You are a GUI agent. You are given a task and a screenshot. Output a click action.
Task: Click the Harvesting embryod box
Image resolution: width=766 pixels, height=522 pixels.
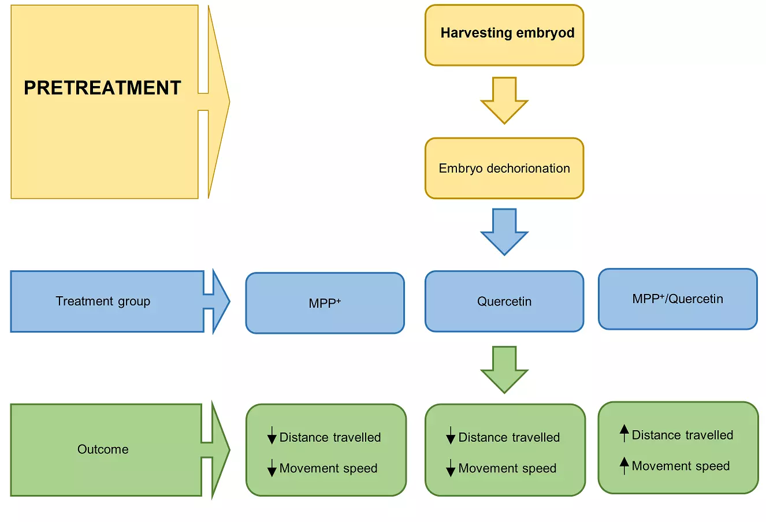pos(504,35)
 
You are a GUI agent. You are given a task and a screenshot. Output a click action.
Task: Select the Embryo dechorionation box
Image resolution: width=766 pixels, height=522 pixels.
pos(504,168)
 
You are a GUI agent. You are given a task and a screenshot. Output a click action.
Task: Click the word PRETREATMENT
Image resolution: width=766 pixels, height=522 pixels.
pos(102,88)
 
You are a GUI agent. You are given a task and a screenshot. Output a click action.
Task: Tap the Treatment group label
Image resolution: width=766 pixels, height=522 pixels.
pos(103,301)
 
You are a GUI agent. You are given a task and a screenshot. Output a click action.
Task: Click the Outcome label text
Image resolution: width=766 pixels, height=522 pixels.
pos(103,449)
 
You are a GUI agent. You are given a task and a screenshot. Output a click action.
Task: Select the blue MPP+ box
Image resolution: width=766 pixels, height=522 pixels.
pos(325,303)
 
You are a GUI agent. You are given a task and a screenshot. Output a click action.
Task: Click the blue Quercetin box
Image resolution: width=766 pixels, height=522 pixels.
pos(504,301)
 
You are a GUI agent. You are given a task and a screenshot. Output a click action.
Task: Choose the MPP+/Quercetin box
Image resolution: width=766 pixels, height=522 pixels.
pos(678,299)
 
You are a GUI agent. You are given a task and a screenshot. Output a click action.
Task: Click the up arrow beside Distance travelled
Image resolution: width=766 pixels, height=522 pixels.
pos(624,434)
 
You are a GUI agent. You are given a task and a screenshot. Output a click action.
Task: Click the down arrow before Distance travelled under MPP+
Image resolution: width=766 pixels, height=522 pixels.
pos(272,436)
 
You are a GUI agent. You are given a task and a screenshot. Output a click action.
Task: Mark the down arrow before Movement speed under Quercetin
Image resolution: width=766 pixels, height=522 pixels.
pos(451,468)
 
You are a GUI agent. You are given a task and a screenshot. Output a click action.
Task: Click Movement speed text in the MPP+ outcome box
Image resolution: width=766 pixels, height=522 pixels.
pos(328,468)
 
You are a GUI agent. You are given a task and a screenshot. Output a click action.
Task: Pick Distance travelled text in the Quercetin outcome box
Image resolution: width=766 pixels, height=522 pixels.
pos(509,437)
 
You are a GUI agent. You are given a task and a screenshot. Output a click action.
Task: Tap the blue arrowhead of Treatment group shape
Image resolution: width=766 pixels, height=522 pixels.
pos(220,301)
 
